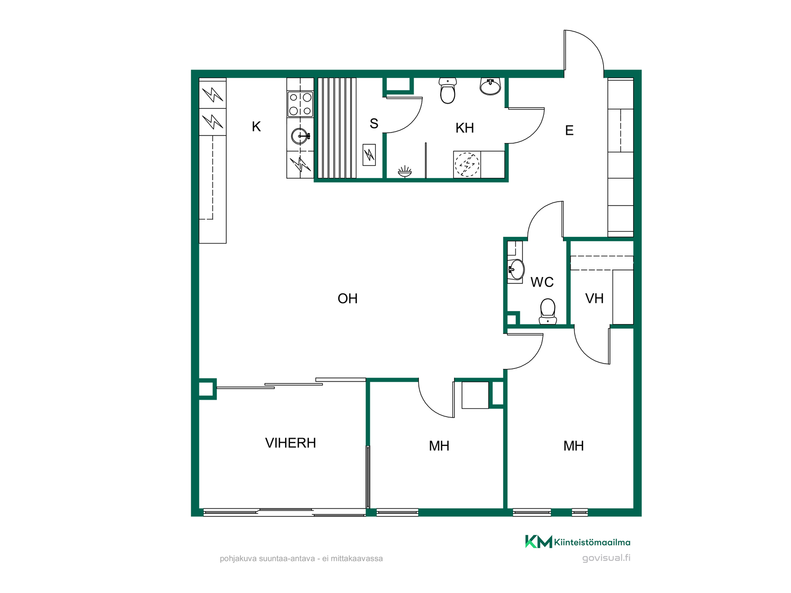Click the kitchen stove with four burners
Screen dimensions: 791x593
(300, 104)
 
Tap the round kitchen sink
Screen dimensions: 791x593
(300, 136)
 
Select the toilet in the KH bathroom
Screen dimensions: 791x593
(447, 91)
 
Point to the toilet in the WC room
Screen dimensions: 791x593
(548, 311)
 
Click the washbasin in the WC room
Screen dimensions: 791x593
(516, 270)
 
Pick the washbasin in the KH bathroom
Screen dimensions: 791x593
(490, 86)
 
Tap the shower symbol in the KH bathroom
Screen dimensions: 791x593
(405, 172)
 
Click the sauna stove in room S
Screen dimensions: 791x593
(369, 155)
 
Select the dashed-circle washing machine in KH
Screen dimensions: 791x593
(467, 165)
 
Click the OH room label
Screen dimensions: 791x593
(347, 299)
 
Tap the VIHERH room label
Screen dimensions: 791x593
(290, 443)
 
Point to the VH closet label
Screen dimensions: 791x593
(594, 299)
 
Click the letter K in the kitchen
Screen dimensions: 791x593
(256, 126)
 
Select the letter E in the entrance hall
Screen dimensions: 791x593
(569, 131)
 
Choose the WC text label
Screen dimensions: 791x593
(542, 282)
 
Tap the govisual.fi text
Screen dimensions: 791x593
(606, 558)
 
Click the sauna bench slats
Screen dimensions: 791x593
(336, 128)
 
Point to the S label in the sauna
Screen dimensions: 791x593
(374, 124)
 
